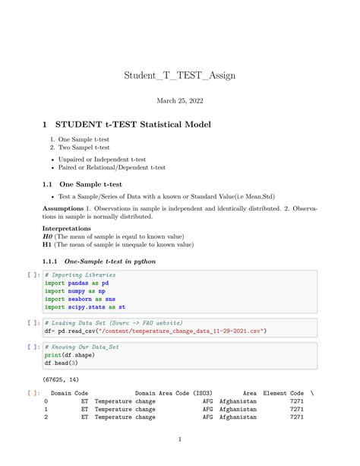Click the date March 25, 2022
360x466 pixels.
[179, 100]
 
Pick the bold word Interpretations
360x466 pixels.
[67, 228]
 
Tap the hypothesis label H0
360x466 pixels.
[46, 236]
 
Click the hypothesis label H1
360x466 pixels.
[46, 245]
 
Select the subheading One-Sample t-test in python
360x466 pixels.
[110, 262]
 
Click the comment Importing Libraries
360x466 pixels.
[82, 274]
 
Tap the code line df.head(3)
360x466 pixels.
[61, 363]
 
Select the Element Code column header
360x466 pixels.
[286, 393]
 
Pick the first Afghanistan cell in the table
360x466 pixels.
[238, 401]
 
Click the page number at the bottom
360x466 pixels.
[179, 439]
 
